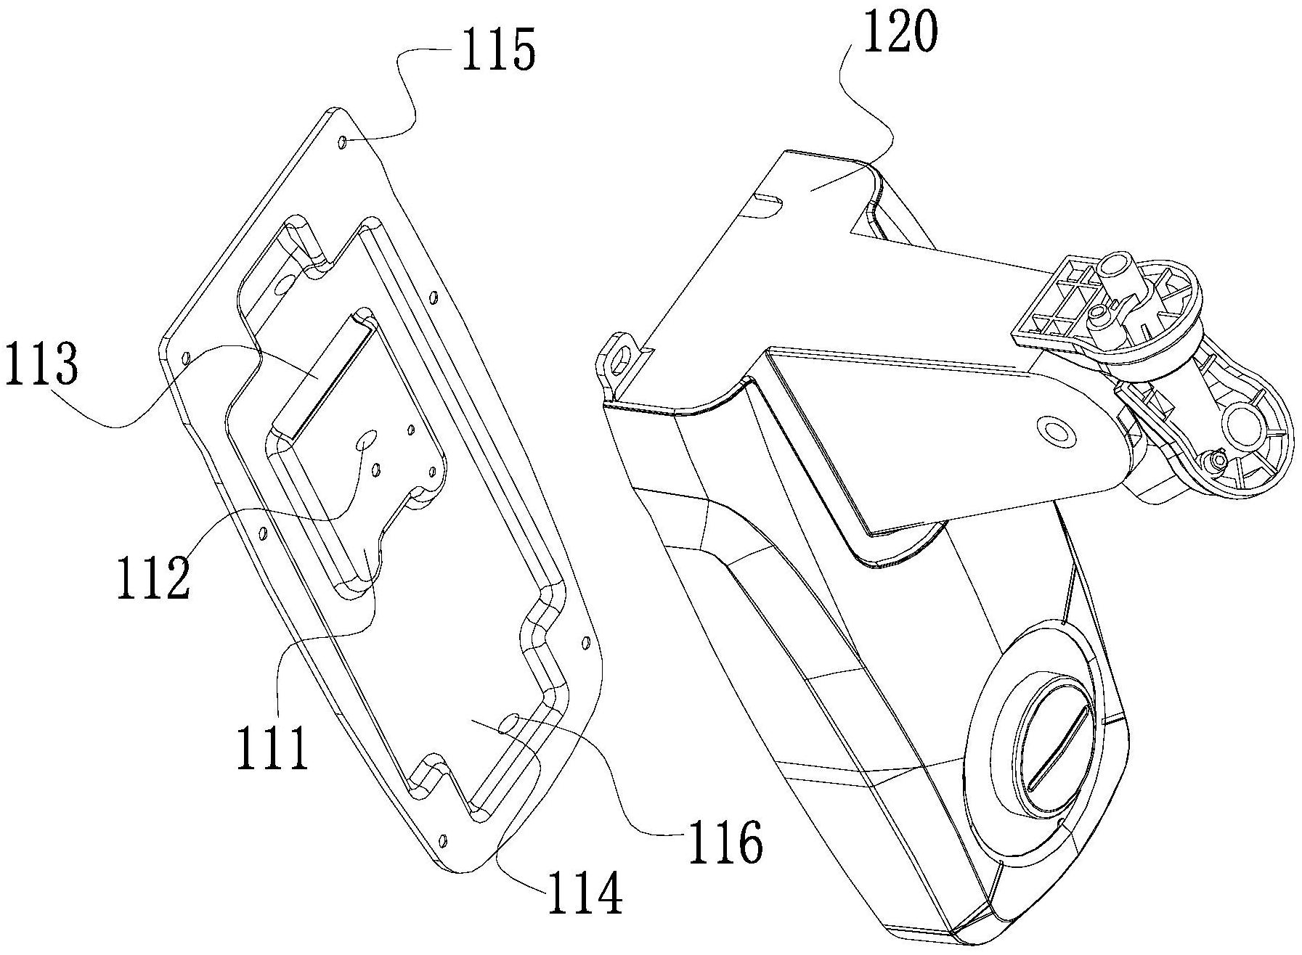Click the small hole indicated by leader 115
pos(343,142)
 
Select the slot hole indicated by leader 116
pos(508,723)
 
